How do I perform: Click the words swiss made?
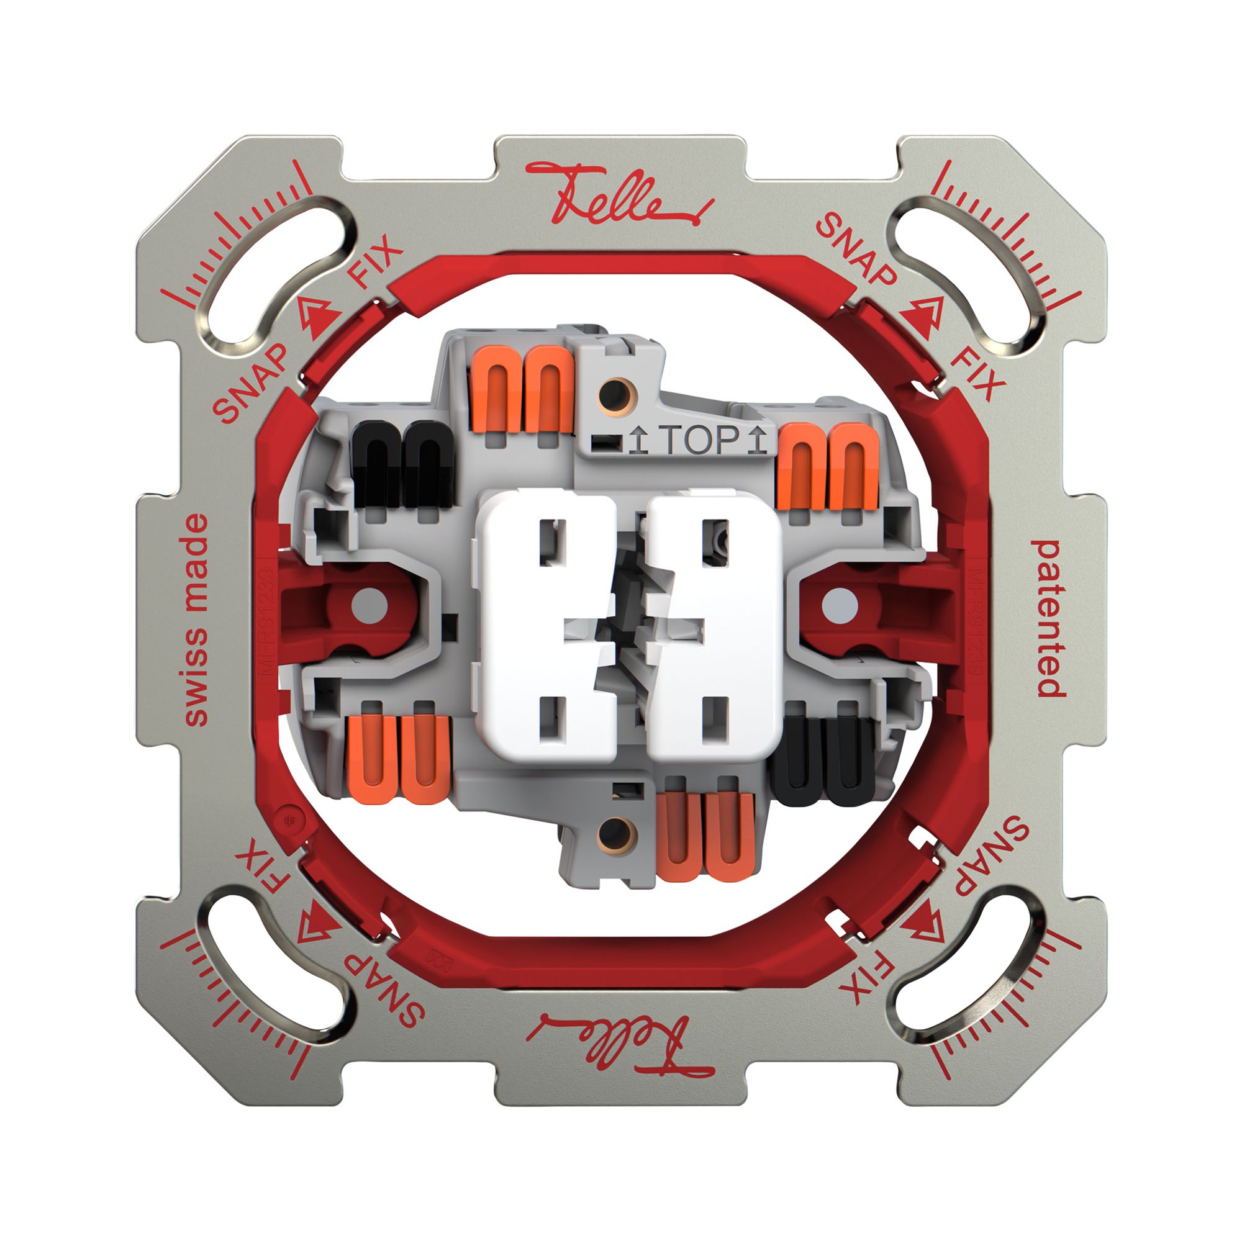(196, 620)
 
